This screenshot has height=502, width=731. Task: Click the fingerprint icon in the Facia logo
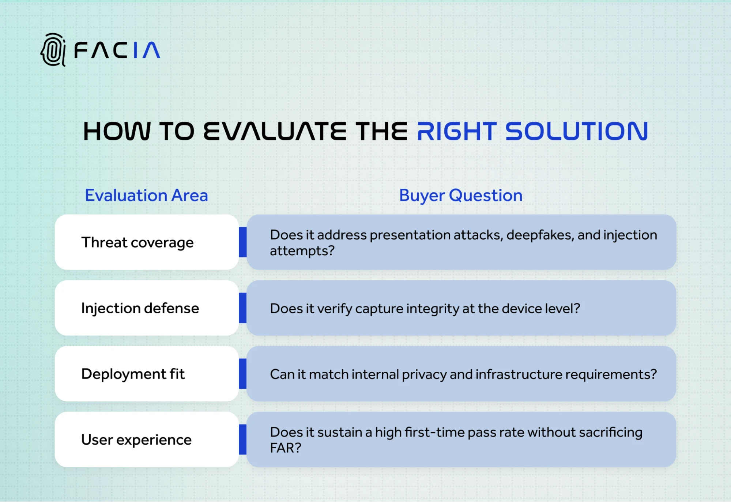[x=53, y=50]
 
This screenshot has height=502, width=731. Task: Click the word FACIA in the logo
[x=117, y=50]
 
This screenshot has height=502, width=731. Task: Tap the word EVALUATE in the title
[x=274, y=131]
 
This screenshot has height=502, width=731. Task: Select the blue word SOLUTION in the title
[x=576, y=131]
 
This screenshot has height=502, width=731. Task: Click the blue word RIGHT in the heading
[x=457, y=131]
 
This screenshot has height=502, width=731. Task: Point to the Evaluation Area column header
[x=146, y=195]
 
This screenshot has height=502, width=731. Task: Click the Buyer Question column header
[x=460, y=195]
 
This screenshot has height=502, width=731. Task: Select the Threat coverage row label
[x=137, y=242]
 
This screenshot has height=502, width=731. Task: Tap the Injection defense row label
[x=140, y=308]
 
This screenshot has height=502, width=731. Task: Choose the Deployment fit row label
[x=133, y=374]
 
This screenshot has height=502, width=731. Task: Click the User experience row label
[x=136, y=440]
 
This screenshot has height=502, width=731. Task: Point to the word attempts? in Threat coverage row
[x=302, y=251]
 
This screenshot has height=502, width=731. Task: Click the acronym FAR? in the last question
[x=285, y=448]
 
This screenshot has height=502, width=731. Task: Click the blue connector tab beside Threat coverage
[x=242, y=242]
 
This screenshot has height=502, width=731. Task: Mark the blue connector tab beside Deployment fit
[x=242, y=374]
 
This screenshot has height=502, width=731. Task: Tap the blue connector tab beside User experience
[x=242, y=439]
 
